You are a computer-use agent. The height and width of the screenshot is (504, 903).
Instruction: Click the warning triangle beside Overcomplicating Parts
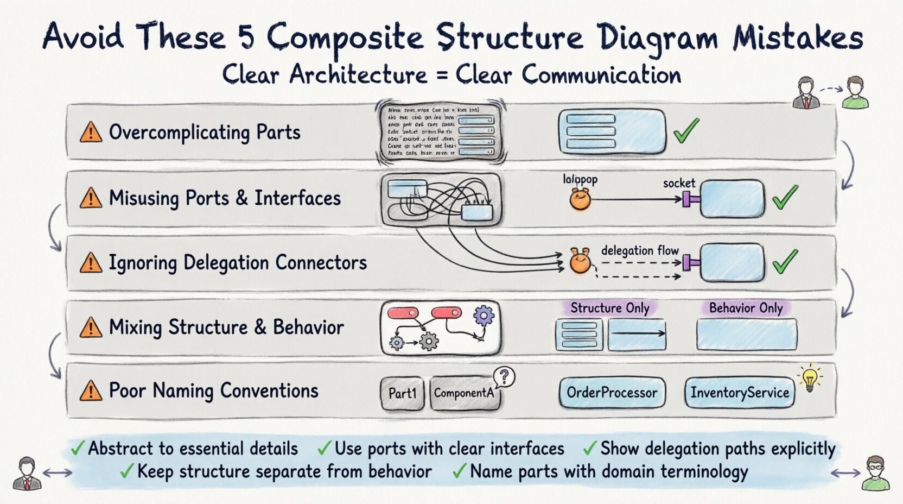[x=91, y=132]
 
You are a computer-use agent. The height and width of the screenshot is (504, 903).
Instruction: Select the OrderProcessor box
[x=612, y=392]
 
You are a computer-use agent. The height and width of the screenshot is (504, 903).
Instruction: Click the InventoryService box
[x=740, y=392]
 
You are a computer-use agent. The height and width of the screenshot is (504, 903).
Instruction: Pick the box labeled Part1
[x=402, y=393]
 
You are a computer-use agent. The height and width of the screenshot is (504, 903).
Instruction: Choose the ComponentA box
[x=464, y=393]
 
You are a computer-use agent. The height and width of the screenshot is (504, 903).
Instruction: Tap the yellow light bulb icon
[x=810, y=378]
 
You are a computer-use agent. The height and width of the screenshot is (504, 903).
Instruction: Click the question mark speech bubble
[x=505, y=376]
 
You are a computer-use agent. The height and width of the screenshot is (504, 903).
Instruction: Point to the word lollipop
[x=580, y=179]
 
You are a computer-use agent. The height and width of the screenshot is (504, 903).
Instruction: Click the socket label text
[x=679, y=183]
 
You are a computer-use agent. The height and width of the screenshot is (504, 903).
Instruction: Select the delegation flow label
[x=640, y=250]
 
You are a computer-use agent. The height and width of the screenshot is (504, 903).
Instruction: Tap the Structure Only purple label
[x=609, y=308]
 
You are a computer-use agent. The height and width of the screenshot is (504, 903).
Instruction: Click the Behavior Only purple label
[x=746, y=308]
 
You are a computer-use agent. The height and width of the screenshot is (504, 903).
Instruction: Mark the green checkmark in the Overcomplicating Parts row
[x=686, y=130]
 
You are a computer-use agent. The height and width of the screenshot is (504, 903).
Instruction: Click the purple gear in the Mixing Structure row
[x=484, y=315]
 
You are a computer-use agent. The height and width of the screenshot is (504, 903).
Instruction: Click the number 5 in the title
[x=247, y=37]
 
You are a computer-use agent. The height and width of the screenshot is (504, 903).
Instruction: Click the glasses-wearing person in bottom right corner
[x=875, y=473]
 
